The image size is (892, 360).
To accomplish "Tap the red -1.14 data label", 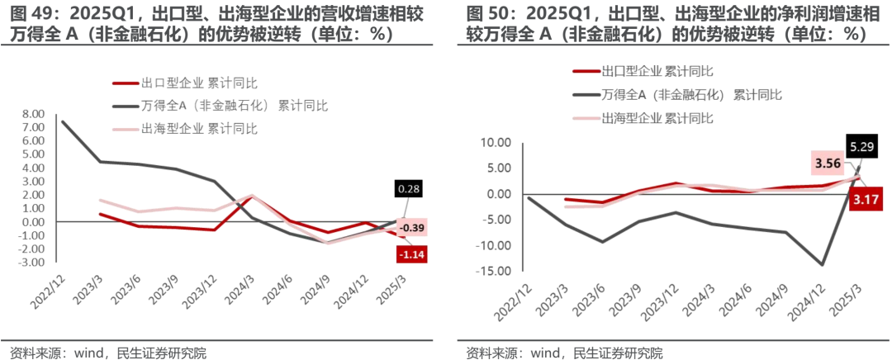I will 411,254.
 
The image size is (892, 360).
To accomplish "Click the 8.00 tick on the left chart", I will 33,114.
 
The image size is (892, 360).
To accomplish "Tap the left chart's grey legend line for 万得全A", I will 126,106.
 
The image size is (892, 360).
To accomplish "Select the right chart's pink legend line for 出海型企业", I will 585,119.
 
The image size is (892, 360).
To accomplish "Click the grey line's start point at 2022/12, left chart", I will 63,121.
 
